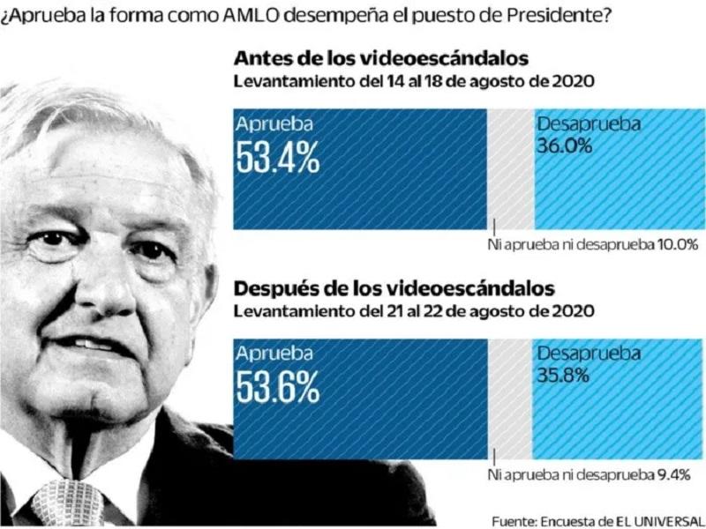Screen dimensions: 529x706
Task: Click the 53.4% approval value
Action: (x=278, y=156)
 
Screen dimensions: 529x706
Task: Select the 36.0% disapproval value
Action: (x=564, y=147)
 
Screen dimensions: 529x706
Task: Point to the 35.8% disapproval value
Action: (x=564, y=376)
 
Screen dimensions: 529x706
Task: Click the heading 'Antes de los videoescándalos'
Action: (x=380, y=59)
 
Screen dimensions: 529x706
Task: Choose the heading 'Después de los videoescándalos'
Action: (x=394, y=288)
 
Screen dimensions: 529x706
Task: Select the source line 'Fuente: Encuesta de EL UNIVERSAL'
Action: (x=597, y=518)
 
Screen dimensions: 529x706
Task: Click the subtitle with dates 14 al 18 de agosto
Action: (x=412, y=81)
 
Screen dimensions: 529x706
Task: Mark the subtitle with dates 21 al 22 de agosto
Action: (x=412, y=310)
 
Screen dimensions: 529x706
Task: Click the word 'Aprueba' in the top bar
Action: (x=274, y=123)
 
